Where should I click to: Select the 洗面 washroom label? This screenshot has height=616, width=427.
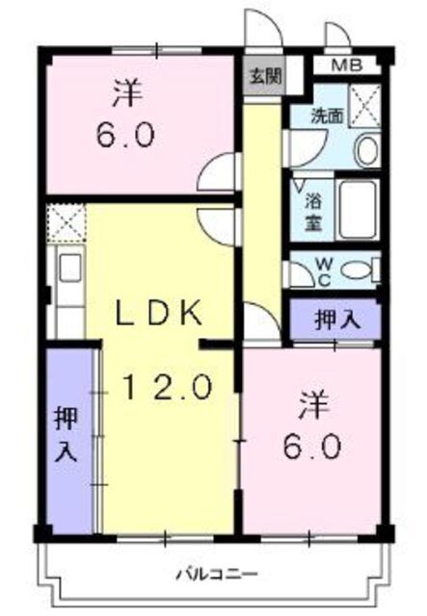[326, 115]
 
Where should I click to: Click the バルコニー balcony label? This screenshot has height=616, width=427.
[216, 575]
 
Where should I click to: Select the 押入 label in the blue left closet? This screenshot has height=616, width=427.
[66, 436]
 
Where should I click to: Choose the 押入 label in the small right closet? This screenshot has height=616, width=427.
[334, 319]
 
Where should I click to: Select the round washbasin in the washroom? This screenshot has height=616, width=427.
[366, 149]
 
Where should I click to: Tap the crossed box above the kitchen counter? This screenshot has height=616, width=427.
[66, 222]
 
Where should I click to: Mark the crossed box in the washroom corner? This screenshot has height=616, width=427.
[363, 102]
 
